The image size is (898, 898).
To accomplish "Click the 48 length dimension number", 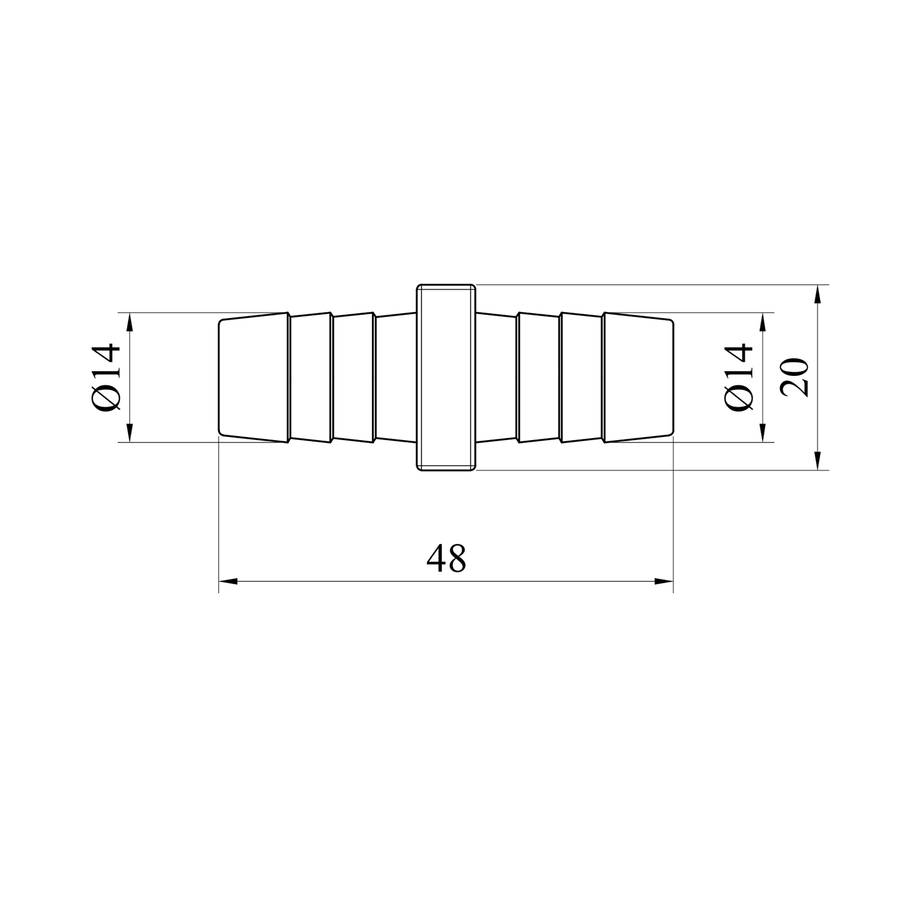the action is click(446, 559).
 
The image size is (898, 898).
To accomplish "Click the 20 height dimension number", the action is click(795, 378).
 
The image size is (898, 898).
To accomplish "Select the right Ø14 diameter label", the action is click(738, 378).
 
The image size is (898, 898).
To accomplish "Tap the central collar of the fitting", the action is click(446, 378).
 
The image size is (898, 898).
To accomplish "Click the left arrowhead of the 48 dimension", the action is click(228, 581).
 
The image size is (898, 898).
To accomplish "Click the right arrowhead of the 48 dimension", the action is click(664, 581).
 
